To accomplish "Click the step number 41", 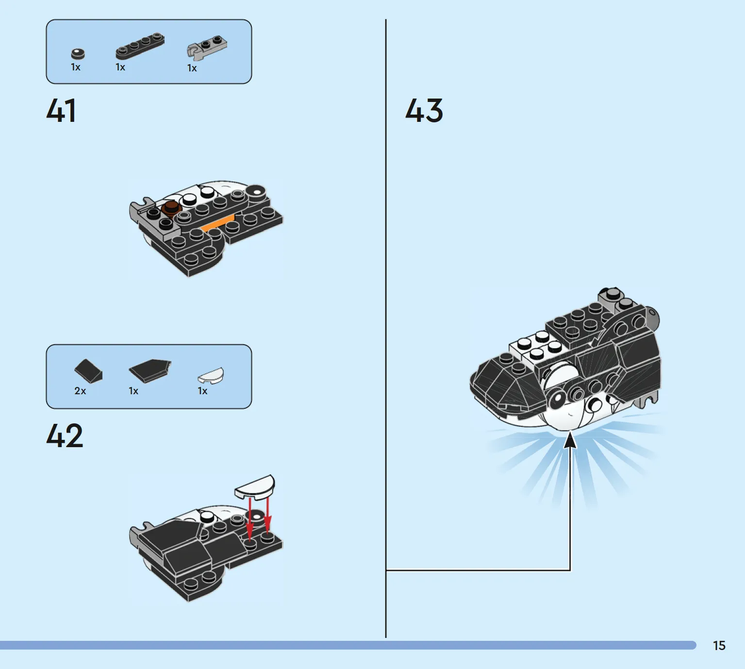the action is [x=61, y=110].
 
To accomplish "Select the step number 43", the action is [x=424, y=110].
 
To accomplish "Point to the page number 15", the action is [x=719, y=646].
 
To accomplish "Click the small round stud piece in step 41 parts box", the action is [x=78, y=54].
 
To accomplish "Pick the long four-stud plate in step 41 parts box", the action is [x=140, y=46].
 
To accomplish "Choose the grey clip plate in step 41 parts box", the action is [x=207, y=48].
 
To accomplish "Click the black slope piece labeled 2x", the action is [x=88, y=371].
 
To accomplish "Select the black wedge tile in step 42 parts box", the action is [x=149, y=371].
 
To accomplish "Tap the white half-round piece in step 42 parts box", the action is [x=211, y=376].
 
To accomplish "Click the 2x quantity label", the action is [x=80, y=391].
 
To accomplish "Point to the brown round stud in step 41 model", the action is [x=171, y=208].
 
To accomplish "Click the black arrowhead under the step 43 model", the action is [x=570, y=440].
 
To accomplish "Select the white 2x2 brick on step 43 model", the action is [x=536, y=348].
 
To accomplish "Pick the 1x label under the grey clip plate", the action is [x=192, y=68].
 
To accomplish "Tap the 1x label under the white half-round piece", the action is [x=202, y=391].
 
